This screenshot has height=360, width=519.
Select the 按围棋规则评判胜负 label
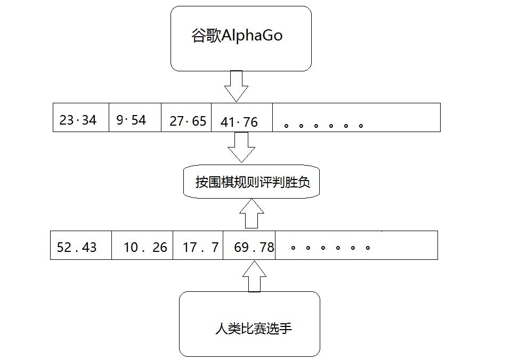coord(253,183)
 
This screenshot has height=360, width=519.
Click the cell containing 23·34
coord(78,120)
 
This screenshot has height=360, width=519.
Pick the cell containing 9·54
coord(131,120)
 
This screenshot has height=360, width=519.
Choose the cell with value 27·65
coord(188,121)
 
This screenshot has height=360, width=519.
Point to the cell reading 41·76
coord(239,122)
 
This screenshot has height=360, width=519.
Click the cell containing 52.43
coord(77,248)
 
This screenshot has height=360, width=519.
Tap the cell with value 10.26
coord(145,248)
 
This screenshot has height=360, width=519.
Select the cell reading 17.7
coord(200,248)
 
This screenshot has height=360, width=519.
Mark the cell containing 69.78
coord(254,248)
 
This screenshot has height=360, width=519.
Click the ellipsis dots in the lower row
coord(330,248)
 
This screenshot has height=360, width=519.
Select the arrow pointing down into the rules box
coord(241,147)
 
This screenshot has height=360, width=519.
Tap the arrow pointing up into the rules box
coord(252,214)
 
